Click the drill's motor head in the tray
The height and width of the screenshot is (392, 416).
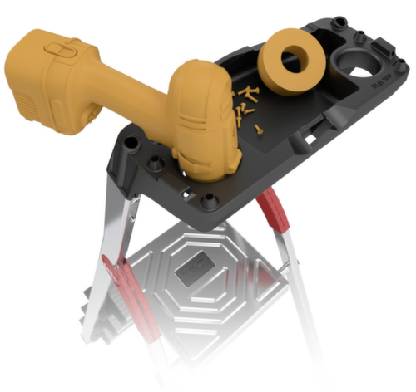(204, 125)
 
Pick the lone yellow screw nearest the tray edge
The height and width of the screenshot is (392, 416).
(260, 128)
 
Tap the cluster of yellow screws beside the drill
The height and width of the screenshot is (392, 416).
(245, 100)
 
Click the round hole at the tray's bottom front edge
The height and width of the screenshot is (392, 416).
(209, 198)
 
